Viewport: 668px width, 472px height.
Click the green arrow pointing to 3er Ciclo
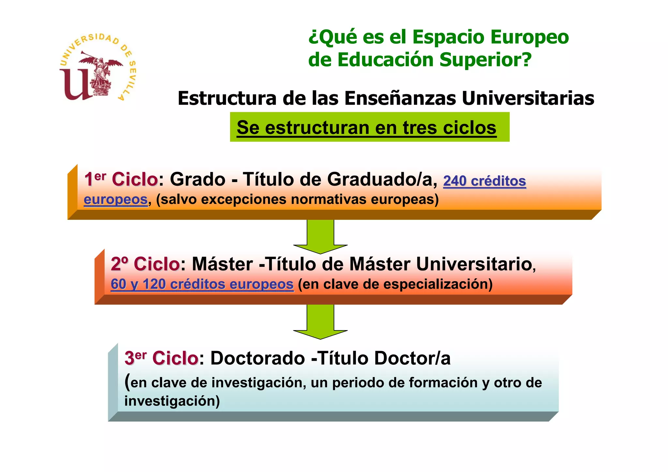click(x=320, y=322)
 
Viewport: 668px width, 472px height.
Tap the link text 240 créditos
click(x=484, y=181)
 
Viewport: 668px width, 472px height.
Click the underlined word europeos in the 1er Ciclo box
click(x=116, y=199)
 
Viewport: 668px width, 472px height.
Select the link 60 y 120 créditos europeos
click(x=202, y=284)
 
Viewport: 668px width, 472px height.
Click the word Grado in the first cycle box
click(x=198, y=179)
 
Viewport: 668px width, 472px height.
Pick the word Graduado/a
click(x=382, y=179)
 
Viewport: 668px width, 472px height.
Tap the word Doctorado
click(x=257, y=358)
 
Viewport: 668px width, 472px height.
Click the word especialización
click(x=438, y=284)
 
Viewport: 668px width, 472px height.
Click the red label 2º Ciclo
click(x=145, y=264)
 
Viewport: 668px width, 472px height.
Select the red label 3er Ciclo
click(x=161, y=358)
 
